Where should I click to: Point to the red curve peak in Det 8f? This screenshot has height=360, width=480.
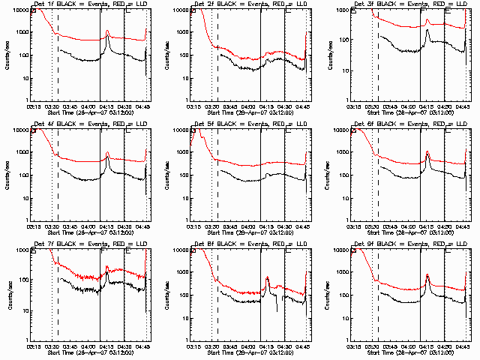pos(267,277)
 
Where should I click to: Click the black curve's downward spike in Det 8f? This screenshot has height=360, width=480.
pos(277,309)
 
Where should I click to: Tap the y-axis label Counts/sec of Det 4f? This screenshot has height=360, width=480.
pos(7,175)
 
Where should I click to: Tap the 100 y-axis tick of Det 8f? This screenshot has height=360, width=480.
pos(183,295)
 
